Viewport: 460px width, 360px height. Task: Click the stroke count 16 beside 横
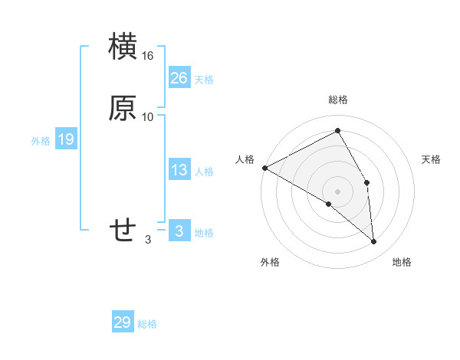click(148, 57)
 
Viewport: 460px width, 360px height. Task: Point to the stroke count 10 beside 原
click(148, 117)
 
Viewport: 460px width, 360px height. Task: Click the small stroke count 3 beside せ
click(148, 240)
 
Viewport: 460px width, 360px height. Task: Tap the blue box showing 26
click(179, 77)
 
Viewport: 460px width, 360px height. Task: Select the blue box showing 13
click(179, 170)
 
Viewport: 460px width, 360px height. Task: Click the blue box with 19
click(66, 139)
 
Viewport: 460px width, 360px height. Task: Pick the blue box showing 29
click(123, 322)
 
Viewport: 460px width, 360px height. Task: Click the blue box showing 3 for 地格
click(179, 231)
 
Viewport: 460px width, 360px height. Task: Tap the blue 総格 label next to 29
click(148, 325)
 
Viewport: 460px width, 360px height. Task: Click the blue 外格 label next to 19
click(41, 141)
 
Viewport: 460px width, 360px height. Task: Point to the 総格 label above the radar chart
click(337, 100)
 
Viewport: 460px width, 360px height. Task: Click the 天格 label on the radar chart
click(431, 159)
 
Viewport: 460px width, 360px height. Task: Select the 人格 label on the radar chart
click(245, 159)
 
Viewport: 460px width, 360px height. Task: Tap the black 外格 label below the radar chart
click(270, 263)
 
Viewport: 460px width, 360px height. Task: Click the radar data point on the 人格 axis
click(264, 167)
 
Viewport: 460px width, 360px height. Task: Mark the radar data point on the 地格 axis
click(374, 242)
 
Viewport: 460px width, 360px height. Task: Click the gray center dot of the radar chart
click(337, 191)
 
